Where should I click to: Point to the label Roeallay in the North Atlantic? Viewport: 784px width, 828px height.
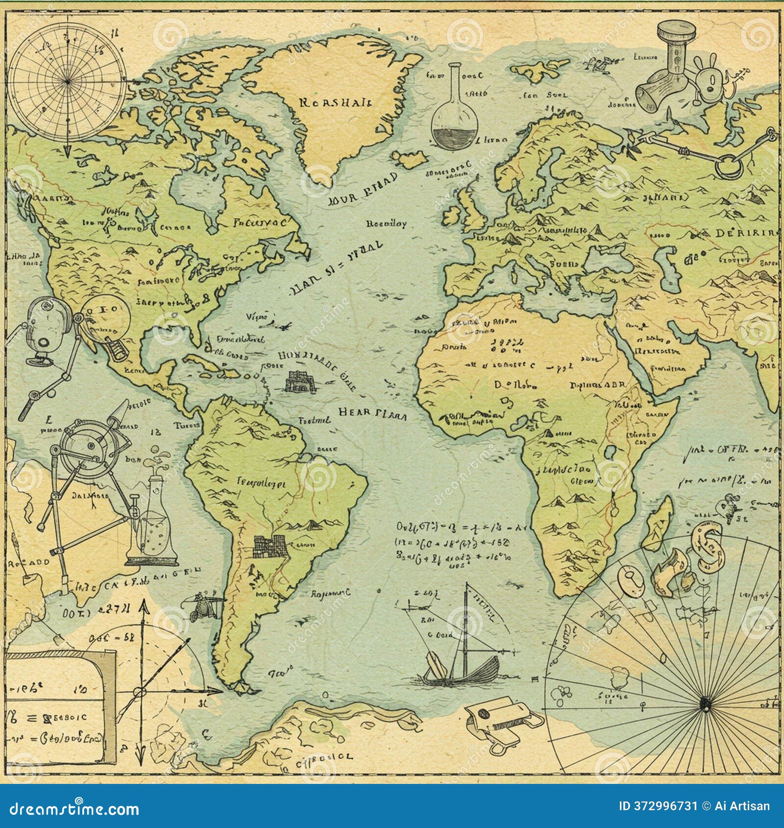(x=386, y=224)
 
